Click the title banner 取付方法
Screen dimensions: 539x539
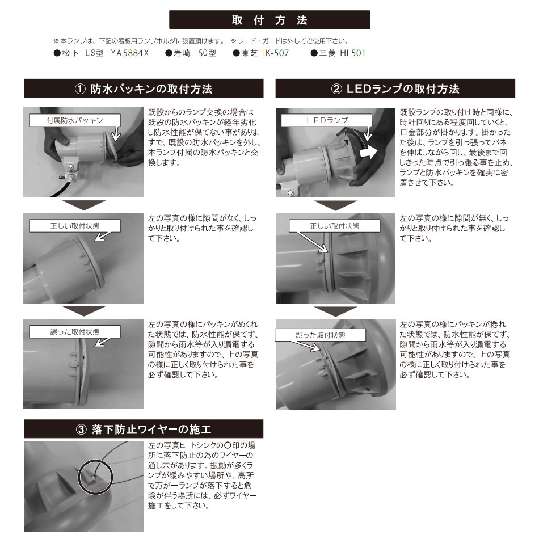point(269,20)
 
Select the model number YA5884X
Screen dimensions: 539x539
point(129,53)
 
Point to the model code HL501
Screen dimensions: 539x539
point(352,53)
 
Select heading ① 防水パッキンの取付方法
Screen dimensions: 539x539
point(144,89)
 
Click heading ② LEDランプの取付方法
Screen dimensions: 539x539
point(395,89)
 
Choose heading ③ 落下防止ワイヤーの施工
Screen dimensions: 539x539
point(144,429)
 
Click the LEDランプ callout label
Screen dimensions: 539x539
point(326,120)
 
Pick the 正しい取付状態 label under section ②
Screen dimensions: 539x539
point(334,226)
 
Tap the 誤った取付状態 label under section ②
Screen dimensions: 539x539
point(321,335)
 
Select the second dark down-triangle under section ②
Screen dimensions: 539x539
point(335,311)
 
